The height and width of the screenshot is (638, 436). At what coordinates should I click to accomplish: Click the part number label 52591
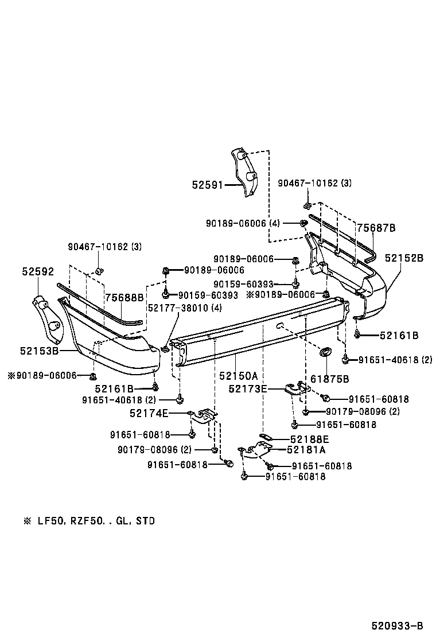(x=208, y=185)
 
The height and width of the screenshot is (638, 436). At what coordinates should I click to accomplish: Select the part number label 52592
(x=38, y=271)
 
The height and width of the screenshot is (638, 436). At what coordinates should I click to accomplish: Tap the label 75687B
(x=376, y=228)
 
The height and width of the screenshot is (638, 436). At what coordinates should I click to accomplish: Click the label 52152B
(x=404, y=258)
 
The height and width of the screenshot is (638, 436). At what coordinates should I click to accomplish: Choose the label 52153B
(x=40, y=349)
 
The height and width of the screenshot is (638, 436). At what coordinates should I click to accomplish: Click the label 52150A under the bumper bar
(x=238, y=376)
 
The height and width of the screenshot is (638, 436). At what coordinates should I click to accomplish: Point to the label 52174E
(x=149, y=413)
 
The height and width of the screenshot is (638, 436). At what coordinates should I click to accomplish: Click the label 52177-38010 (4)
(x=185, y=308)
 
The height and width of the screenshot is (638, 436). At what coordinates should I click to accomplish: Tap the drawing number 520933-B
(x=396, y=625)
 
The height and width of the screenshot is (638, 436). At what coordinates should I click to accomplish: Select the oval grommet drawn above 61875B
(x=325, y=353)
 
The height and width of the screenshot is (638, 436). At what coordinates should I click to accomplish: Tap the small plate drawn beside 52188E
(x=266, y=437)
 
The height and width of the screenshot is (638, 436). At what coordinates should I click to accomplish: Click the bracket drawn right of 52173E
(x=299, y=390)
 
